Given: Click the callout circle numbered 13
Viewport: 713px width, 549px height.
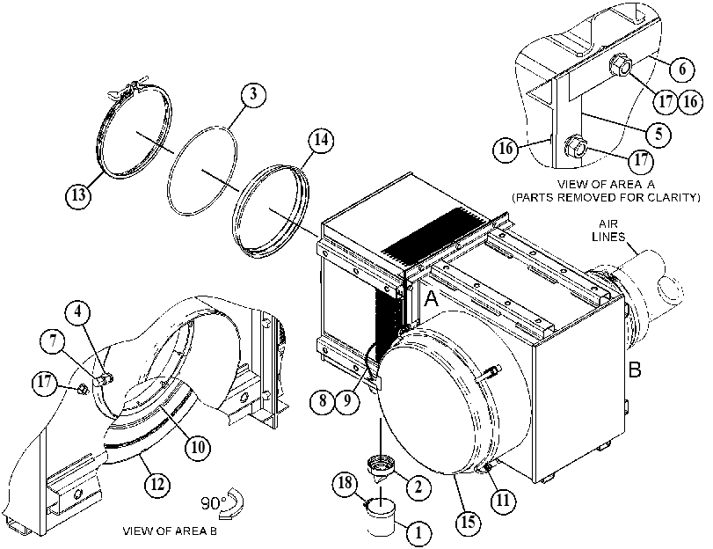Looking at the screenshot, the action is tap(77, 194).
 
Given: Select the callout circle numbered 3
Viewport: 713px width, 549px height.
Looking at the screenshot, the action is tap(253, 94).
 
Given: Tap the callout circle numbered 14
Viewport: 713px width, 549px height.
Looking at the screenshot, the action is tap(321, 140).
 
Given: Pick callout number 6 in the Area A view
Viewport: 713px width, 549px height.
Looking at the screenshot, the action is tap(682, 70).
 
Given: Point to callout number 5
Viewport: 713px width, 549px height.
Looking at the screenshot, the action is tap(658, 135).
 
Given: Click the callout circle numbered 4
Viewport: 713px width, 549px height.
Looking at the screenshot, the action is tap(77, 312).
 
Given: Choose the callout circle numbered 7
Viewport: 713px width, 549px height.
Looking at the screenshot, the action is tap(54, 341).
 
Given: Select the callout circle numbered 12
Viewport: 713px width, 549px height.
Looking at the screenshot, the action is tap(157, 484).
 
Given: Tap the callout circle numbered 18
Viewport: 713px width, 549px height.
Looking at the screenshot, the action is tap(346, 483).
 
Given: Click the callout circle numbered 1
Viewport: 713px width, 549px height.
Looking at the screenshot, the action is tap(418, 531).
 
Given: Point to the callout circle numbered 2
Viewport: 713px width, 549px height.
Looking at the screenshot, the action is tap(418, 487).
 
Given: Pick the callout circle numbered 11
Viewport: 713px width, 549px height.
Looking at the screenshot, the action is tap(503, 501).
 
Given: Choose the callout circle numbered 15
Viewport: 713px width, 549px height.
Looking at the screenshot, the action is tap(468, 522).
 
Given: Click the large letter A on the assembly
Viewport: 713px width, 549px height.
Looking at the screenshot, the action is tap(431, 299).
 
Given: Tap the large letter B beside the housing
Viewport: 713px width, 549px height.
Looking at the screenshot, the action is tap(635, 370).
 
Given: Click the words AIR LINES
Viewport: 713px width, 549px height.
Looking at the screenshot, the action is tap(608, 231).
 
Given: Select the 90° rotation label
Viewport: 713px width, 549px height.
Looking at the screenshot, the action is tap(214, 503).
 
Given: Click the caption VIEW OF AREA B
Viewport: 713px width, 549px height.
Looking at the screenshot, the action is tap(170, 531).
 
